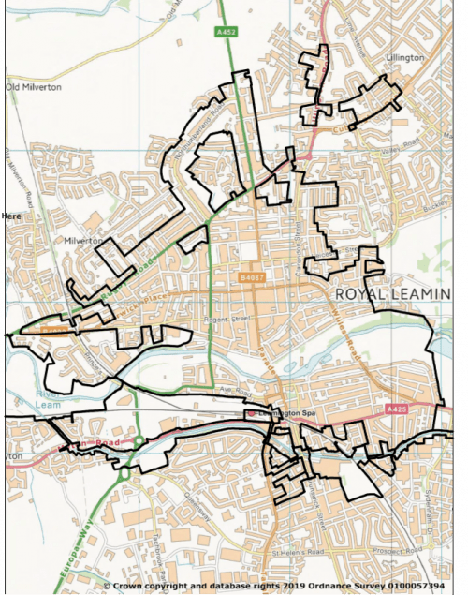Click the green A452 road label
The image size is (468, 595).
point(227,31)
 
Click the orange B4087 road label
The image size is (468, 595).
point(251,277)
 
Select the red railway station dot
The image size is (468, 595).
point(252,413)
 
